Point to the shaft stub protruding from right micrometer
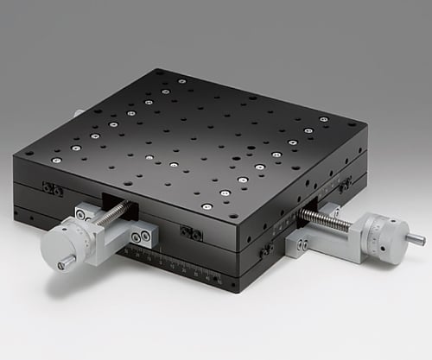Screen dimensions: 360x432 pos(416,237)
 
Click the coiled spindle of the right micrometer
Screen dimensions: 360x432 pos(332,219)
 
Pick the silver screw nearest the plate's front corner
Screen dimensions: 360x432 pos(206,206)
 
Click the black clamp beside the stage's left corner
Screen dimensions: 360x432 pos(53,189)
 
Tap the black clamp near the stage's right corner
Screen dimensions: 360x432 pos(345,185)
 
